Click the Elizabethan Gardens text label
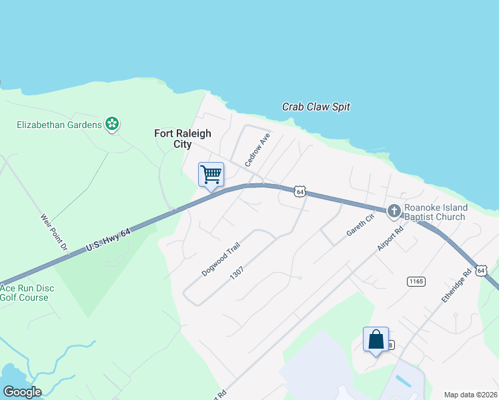(x=59, y=125)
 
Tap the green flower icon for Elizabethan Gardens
(x=112, y=124)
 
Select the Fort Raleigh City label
(x=173, y=139)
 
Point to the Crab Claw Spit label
(x=316, y=107)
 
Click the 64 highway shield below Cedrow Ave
(x=300, y=191)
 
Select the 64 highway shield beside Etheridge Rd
(x=481, y=270)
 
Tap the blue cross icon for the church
(x=394, y=211)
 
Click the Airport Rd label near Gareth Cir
(x=390, y=238)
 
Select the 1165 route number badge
(x=416, y=281)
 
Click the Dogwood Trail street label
(x=219, y=259)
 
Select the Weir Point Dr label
(x=54, y=233)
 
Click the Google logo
(x=22, y=392)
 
